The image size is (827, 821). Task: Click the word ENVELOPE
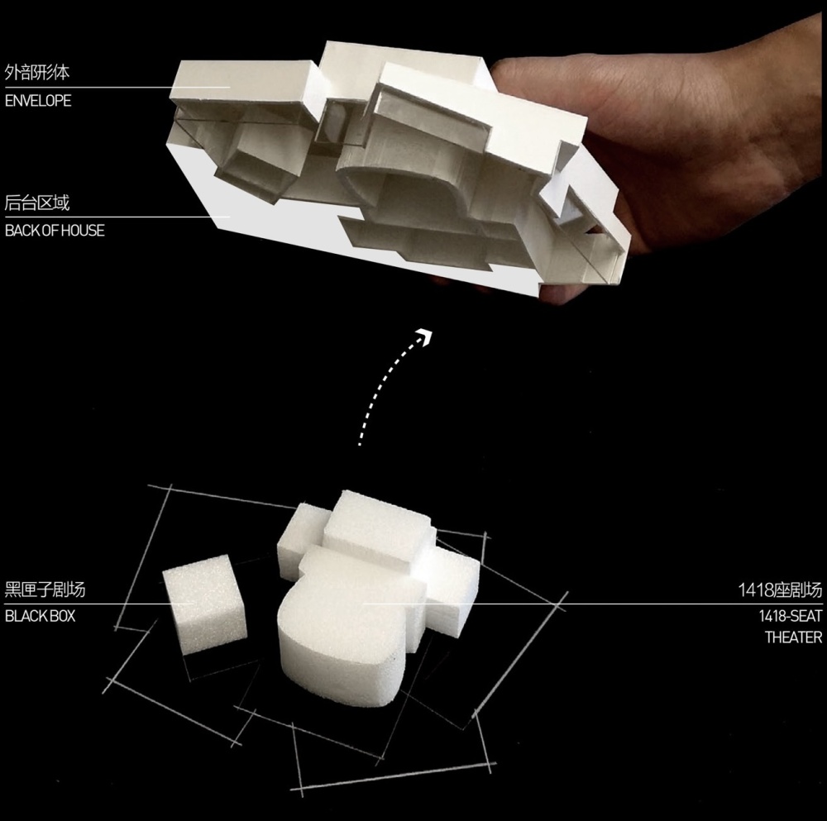(x=38, y=101)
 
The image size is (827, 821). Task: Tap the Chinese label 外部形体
(x=37, y=72)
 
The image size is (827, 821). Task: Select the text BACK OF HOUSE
(x=55, y=231)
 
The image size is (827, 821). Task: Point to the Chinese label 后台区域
(x=37, y=203)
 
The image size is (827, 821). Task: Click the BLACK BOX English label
(x=40, y=616)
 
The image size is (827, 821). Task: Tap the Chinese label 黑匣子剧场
(x=45, y=589)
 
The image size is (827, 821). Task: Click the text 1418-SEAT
(x=790, y=616)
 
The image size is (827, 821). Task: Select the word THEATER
(x=793, y=637)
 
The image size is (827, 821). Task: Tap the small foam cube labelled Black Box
(x=204, y=604)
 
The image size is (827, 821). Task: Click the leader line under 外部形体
(x=117, y=88)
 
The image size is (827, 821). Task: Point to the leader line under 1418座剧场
(x=592, y=604)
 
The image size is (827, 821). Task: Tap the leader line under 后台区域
(x=117, y=217)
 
